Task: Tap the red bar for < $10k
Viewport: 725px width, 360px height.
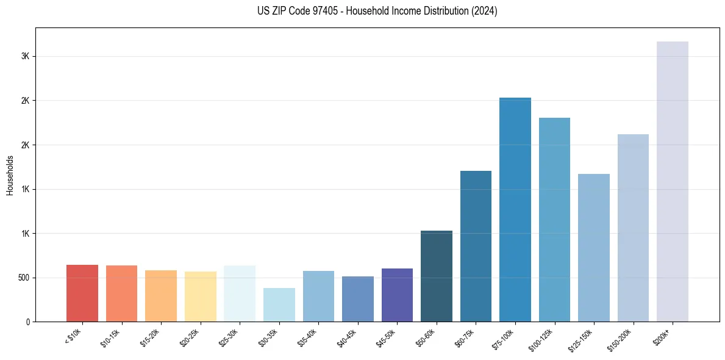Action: coord(82,293)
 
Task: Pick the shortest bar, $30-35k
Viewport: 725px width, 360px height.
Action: coord(279,304)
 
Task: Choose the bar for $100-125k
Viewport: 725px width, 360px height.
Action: coord(554,220)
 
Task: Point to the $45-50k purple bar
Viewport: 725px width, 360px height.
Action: coord(397,295)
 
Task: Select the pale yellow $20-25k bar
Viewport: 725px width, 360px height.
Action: coord(200,297)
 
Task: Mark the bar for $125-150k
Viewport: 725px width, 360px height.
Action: coord(593,248)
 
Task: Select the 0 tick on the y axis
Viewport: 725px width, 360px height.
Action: coord(28,322)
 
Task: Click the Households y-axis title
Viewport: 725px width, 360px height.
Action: coord(10,175)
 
